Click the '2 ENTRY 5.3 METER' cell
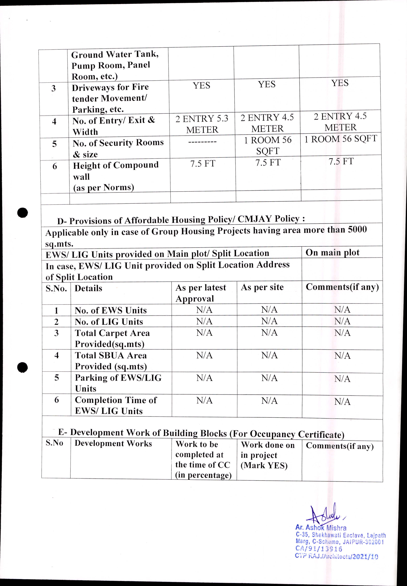tap(202, 124)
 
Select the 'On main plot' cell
tap(332, 253)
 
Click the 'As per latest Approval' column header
tap(201, 293)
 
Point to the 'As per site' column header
tap(262, 287)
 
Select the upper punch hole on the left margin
tap(23, 213)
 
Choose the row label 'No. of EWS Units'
tap(111, 310)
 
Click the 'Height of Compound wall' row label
tap(116, 176)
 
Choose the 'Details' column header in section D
tap(88, 288)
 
